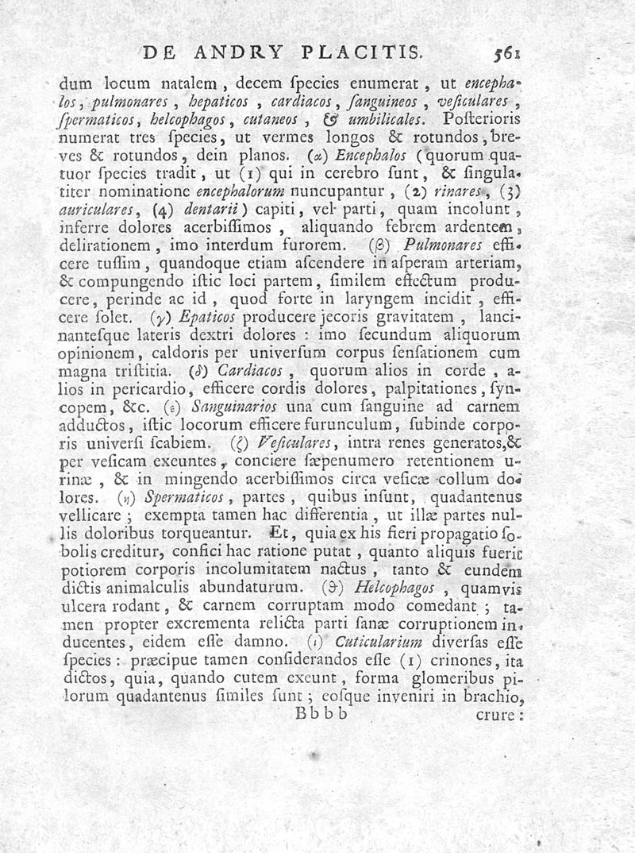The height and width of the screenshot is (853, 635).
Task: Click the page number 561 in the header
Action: [506, 54]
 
